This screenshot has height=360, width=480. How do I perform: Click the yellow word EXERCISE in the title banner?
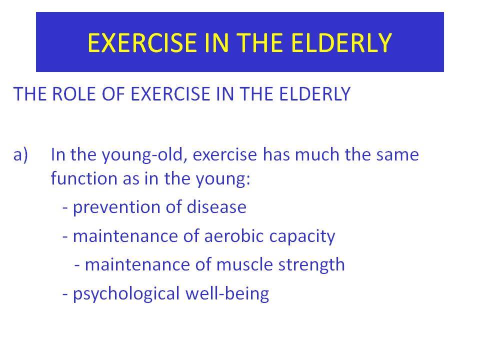click(142, 42)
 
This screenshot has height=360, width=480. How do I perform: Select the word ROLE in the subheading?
click(74, 93)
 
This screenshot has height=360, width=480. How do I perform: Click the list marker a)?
click(20, 154)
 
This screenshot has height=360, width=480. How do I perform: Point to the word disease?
click(216, 206)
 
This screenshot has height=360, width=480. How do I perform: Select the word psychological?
click(126, 294)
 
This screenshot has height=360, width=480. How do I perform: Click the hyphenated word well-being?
click(227, 294)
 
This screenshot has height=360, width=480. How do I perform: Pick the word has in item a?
click(276, 154)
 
